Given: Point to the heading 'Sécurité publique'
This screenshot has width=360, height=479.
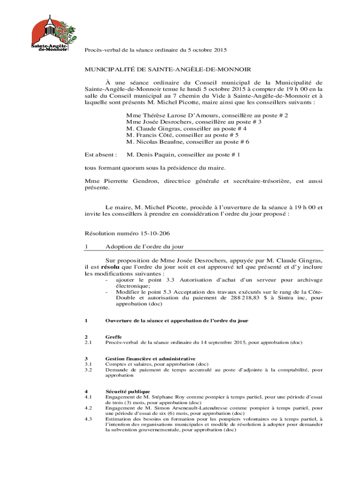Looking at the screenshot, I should (x=128, y=391).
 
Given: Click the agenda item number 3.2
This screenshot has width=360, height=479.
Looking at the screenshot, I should (x=88, y=370).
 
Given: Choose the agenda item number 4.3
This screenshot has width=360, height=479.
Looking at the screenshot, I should (x=88, y=419).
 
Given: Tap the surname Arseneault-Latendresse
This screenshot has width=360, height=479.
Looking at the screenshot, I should (x=187, y=408).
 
